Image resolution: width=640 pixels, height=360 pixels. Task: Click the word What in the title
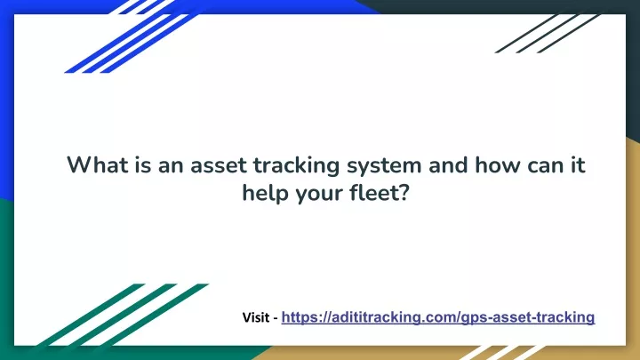pos(97,165)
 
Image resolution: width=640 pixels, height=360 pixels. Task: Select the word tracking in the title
pos(297,166)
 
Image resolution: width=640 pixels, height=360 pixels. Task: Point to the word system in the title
pos(384,167)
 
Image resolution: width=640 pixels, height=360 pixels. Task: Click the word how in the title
pos(498,165)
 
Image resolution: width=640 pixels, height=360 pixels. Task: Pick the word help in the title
pos(265,194)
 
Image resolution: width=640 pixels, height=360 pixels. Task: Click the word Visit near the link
pos(256,317)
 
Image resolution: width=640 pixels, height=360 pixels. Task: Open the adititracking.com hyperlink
pos(438,317)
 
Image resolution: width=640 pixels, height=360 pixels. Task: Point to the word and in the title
pos(448,165)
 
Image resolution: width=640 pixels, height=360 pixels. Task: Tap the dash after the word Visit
pos(276,318)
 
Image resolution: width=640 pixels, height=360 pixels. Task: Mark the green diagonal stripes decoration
pos(123,315)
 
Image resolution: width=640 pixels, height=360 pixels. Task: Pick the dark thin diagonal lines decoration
pos(548,34)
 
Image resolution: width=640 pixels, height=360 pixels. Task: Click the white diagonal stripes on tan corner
pos(502,352)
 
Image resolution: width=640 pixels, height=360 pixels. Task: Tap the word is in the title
pos(143,165)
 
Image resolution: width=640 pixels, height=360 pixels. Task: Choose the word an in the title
pos(171,165)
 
